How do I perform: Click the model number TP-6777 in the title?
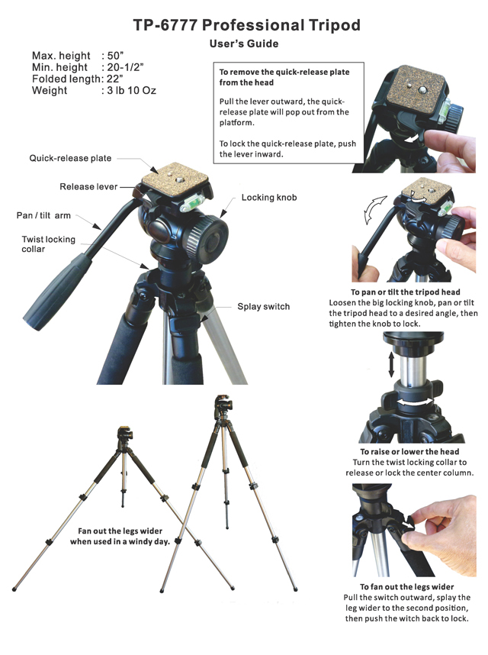click(165, 25)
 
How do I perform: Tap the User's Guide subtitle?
click(244, 44)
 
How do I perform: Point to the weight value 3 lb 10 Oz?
click(131, 90)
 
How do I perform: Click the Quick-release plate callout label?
click(70, 158)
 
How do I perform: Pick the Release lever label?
click(88, 186)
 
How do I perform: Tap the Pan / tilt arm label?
click(43, 215)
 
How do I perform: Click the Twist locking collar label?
click(48, 244)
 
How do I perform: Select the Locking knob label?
click(269, 197)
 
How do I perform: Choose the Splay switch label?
click(264, 306)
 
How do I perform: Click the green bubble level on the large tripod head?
click(193, 202)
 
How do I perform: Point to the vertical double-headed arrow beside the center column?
click(391, 364)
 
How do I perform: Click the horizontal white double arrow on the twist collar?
click(415, 402)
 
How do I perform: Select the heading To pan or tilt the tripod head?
click(406, 292)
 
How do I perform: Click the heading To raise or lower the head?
click(409, 452)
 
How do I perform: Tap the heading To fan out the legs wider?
click(407, 586)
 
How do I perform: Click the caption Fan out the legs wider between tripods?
click(120, 536)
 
